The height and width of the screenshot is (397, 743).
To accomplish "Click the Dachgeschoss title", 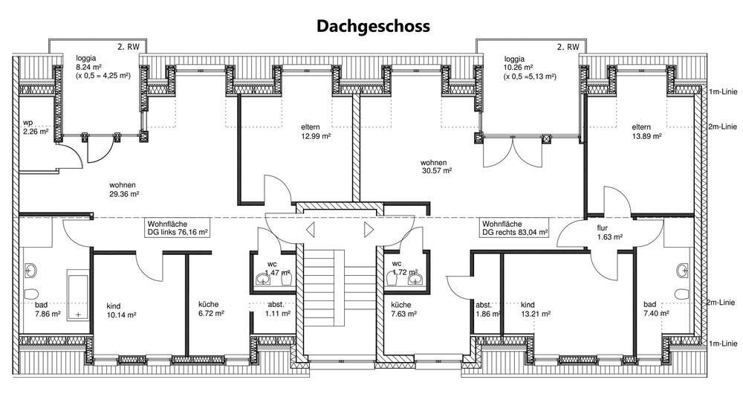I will click(x=373, y=26).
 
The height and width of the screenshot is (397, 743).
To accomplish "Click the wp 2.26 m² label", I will click(x=35, y=127).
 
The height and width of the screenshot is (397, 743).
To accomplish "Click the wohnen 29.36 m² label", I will click(x=125, y=189).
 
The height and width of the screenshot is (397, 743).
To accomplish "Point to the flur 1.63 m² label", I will click(x=609, y=233).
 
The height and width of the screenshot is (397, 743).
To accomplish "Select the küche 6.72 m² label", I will click(x=211, y=309).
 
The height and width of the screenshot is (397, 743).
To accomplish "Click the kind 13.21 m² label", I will click(x=536, y=309).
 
